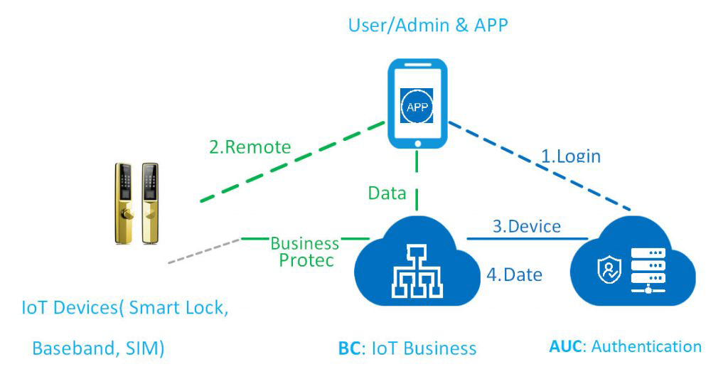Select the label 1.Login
pyautogui.click(x=572, y=155)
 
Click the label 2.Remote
pyautogui.click(x=250, y=147)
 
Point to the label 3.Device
pyautogui.click(x=527, y=227)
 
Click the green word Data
pyautogui.click(x=387, y=193)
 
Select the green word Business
pyautogui.click(x=305, y=244)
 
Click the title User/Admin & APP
pyautogui.click(x=429, y=26)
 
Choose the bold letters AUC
pyautogui.click(x=566, y=347)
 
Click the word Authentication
pyautogui.click(x=646, y=347)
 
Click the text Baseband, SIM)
pyautogui.click(x=99, y=348)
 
